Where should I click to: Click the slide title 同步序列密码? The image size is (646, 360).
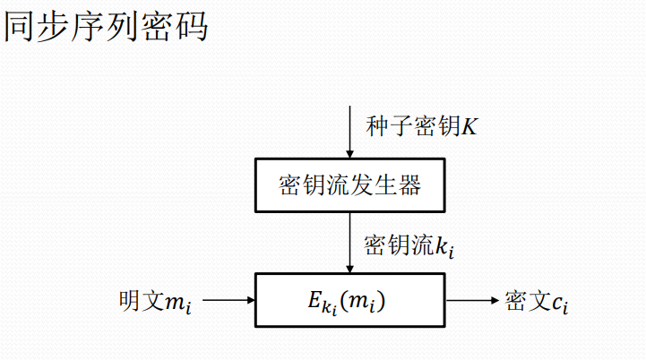(107, 26)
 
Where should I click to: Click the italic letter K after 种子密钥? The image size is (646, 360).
(470, 126)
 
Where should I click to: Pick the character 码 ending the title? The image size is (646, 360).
(192, 26)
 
